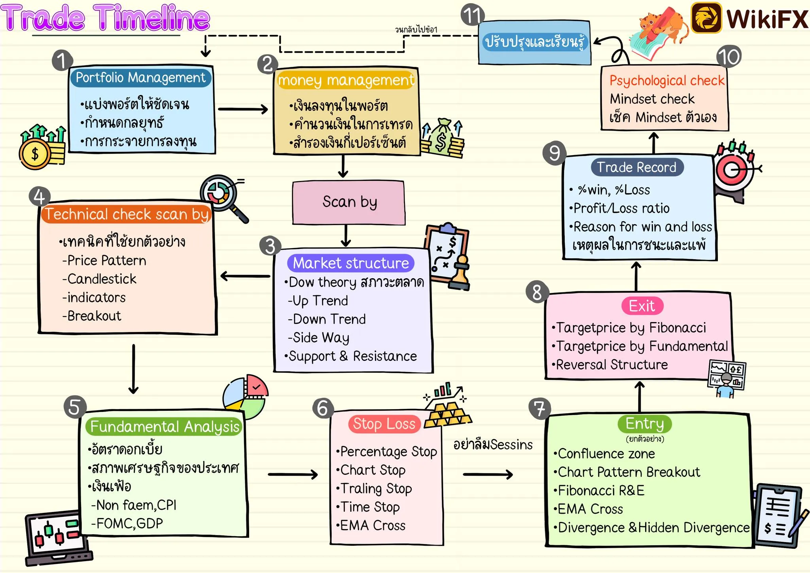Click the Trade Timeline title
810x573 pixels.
105,17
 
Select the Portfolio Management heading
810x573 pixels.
141,78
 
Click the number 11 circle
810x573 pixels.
472,15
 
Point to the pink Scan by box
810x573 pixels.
349,203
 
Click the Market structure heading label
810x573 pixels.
351,263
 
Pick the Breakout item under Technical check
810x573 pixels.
92,316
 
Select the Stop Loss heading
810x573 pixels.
384,424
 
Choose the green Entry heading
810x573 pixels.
645,424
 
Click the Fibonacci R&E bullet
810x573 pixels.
599,491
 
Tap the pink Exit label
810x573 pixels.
642,306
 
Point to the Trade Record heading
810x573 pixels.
637,167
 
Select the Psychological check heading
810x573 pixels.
667,81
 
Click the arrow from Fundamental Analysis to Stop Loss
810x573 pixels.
293,474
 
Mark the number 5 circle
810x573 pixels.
75,407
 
